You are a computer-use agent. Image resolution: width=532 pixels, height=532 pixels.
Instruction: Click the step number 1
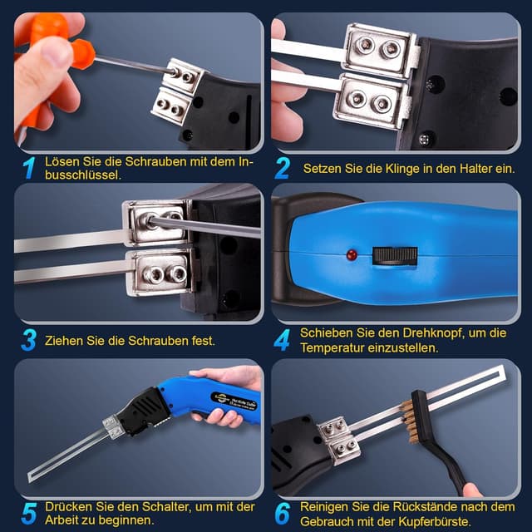click(29, 168)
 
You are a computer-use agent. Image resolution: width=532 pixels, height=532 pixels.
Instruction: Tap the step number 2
click(283, 168)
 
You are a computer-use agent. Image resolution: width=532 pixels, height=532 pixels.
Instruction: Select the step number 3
click(29, 340)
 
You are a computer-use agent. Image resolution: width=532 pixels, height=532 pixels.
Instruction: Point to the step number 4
click(283, 340)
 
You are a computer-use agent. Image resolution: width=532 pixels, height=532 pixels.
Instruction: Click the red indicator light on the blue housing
click(352, 253)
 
